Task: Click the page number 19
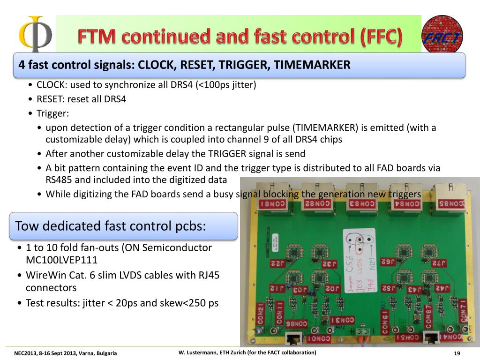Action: (457, 353)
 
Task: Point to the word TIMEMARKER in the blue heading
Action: (312, 65)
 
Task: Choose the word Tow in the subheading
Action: (27, 226)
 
